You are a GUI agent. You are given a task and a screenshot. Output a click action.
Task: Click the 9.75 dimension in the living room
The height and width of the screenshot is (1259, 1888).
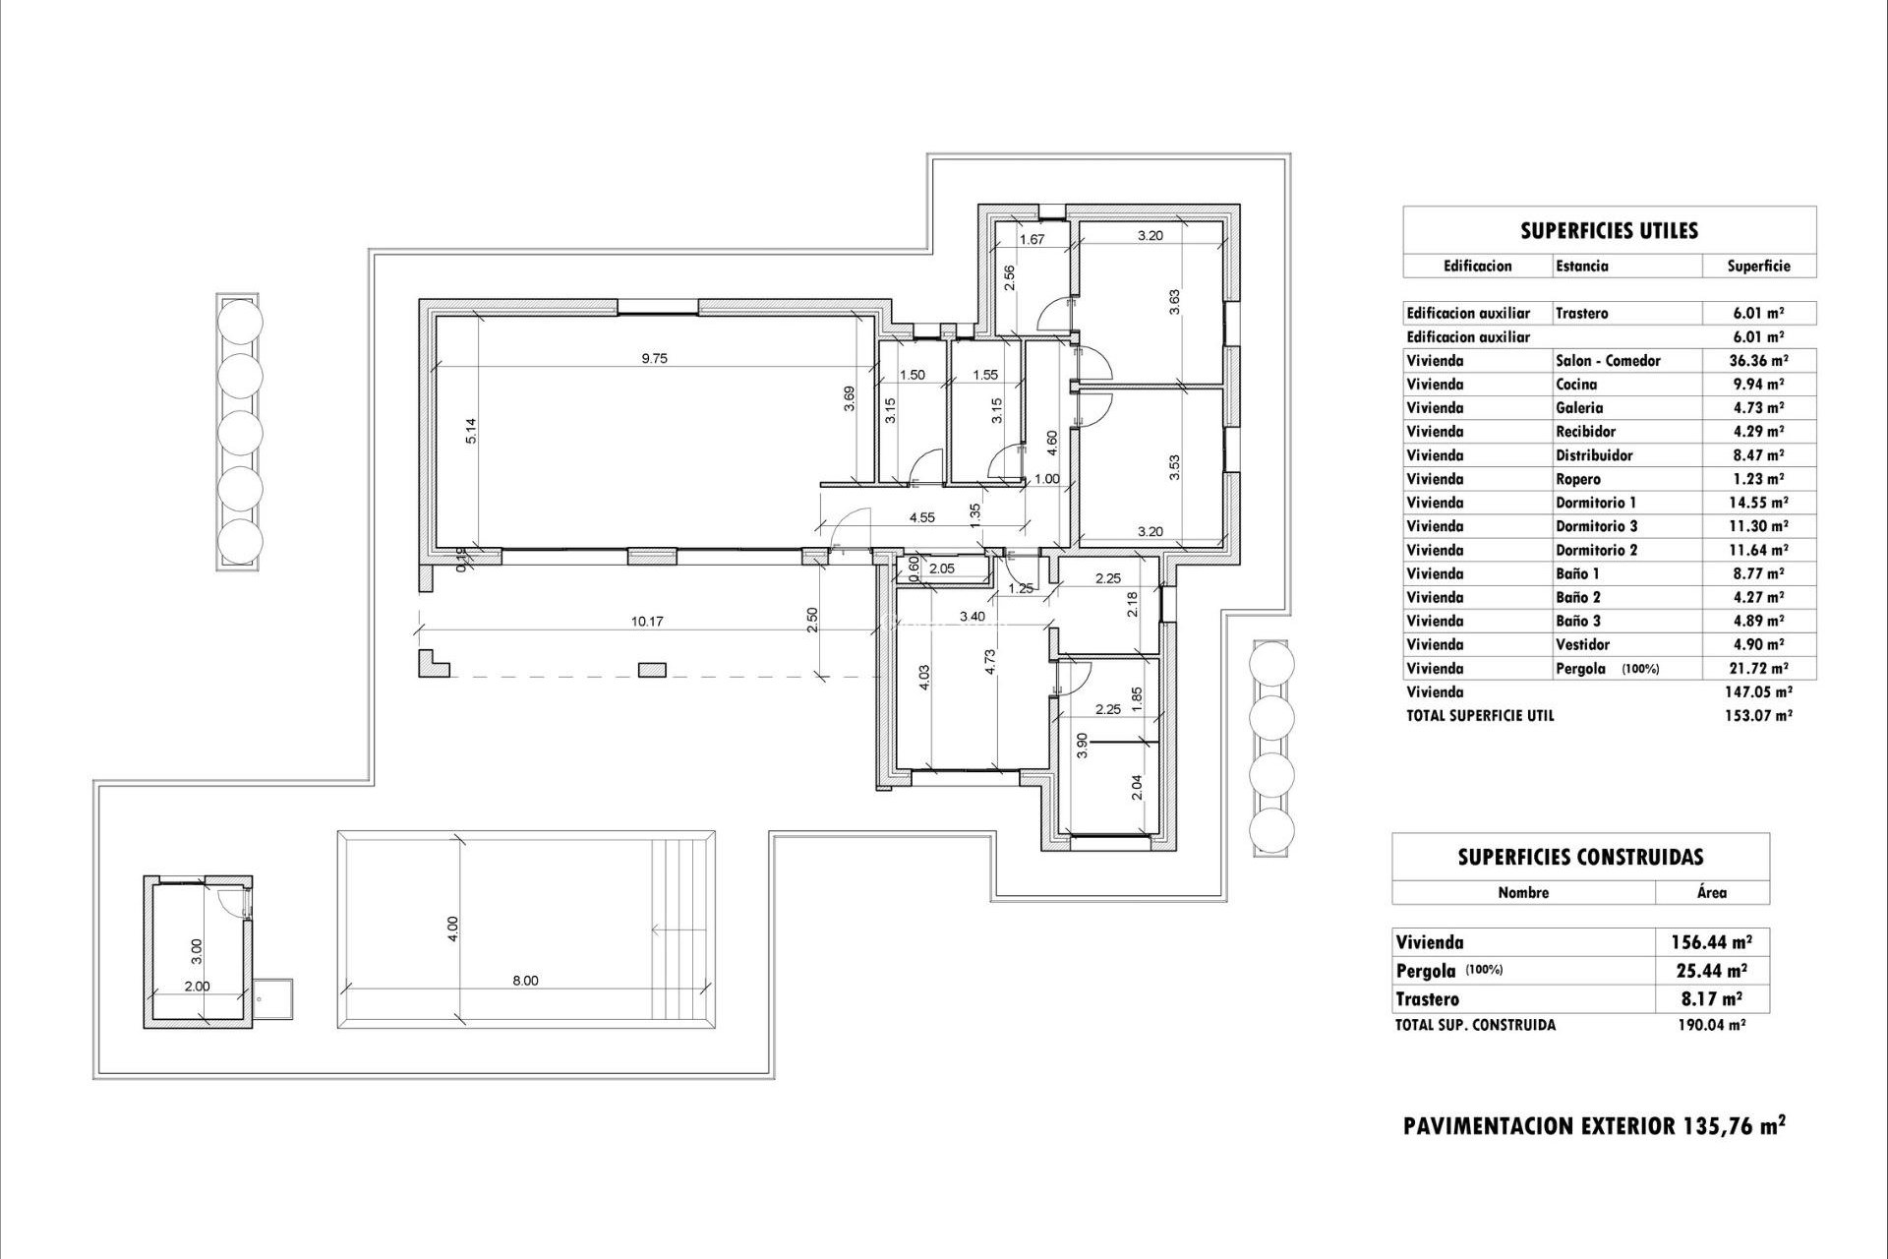tap(654, 359)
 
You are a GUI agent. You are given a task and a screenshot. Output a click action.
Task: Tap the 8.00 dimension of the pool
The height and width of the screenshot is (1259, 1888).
tap(525, 981)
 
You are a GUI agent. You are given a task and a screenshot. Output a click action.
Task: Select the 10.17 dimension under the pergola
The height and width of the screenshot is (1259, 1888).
tap(647, 622)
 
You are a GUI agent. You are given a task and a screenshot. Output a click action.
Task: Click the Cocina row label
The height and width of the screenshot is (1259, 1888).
tap(1576, 385)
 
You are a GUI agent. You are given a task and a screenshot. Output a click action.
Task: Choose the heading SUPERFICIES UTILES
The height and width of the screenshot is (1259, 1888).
tap(1609, 231)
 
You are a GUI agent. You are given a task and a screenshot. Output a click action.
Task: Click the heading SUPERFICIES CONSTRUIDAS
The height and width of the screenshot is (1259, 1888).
tap(1580, 858)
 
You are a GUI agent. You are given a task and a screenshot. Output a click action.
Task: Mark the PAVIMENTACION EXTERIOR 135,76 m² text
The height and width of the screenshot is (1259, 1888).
tap(1594, 1126)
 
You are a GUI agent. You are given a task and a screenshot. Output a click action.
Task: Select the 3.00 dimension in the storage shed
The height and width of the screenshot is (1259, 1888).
tap(197, 950)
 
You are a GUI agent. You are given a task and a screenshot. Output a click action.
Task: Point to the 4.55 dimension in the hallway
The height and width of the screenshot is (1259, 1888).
tap(921, 517)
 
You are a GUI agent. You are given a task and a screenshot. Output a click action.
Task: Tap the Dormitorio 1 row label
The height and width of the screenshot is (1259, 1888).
tap(1596, 503)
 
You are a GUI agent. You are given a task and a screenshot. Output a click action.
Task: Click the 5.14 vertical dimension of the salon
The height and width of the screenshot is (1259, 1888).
tap(472, 432)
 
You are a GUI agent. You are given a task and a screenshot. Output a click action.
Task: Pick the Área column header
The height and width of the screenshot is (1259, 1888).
tap(1712, 893)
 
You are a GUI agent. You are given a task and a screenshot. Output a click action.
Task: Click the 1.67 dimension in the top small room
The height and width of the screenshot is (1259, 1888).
tap(1031, 239)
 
